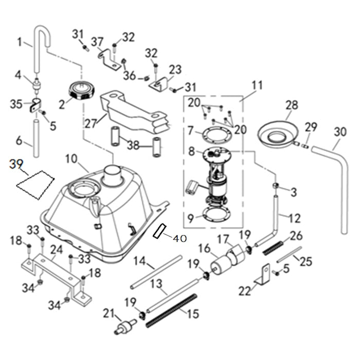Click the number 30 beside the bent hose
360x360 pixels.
(340, 132)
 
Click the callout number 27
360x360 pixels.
(91, 124)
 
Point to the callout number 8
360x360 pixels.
(191, 151)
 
